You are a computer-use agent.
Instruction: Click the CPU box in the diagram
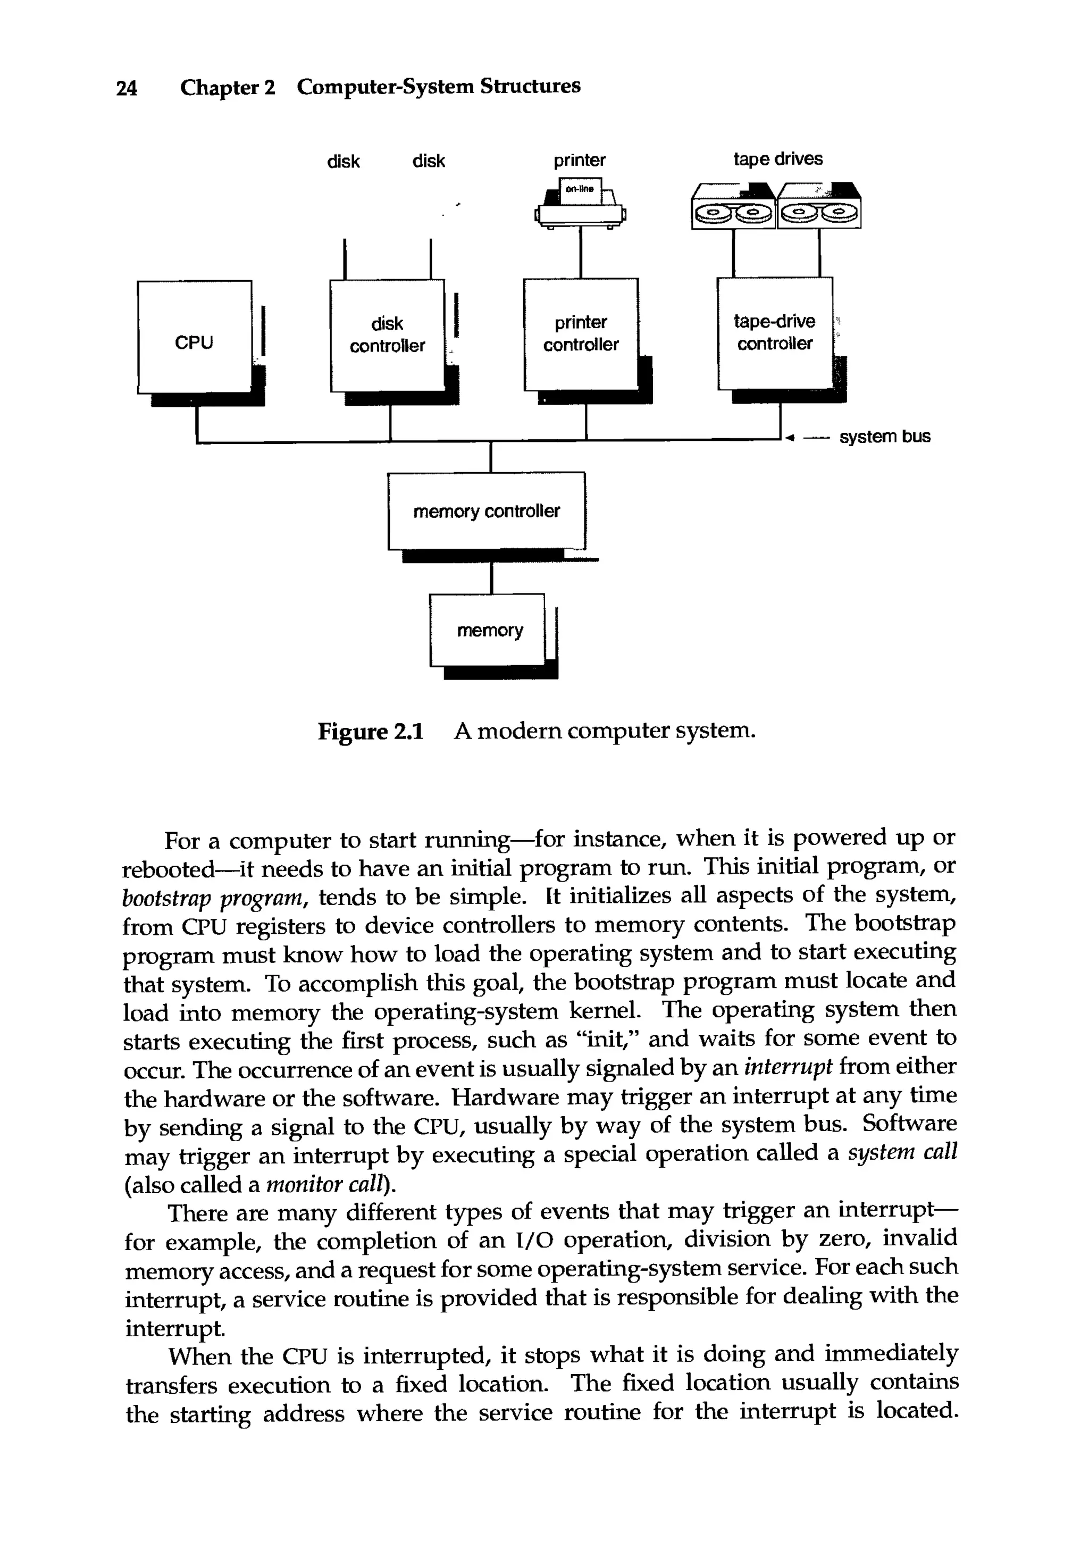[x=194, y=337]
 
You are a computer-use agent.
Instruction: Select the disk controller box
[x=387, y=335]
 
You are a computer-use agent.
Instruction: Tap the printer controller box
[x=581, y=333]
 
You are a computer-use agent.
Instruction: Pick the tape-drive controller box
[x=774, y=333]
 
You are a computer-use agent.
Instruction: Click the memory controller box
[x=486, y=511]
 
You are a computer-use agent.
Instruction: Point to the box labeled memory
[x=487, y=630]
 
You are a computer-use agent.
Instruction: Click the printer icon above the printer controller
[x=581, y=205]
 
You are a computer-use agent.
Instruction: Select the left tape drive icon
[x=733, y=207]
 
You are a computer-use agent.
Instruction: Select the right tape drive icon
[x=818, y=207]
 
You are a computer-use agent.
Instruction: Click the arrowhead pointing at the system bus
[x=790, y=438]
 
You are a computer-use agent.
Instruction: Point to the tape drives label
[x=777, y=159]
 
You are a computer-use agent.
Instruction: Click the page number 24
[x=127, y=88]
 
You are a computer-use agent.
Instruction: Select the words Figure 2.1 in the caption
[x=371, y=731]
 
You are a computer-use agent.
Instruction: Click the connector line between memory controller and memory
[x=492, y=577]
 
